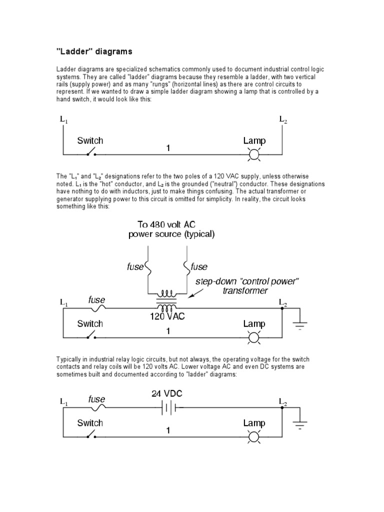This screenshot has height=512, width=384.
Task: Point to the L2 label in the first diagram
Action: (x=283, y=119)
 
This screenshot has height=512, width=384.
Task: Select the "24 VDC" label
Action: (x=167, y=393)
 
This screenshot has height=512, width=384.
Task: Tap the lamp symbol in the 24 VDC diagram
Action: (x=254, y=437)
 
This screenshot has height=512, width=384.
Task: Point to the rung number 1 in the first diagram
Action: (x=168, y=148)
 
